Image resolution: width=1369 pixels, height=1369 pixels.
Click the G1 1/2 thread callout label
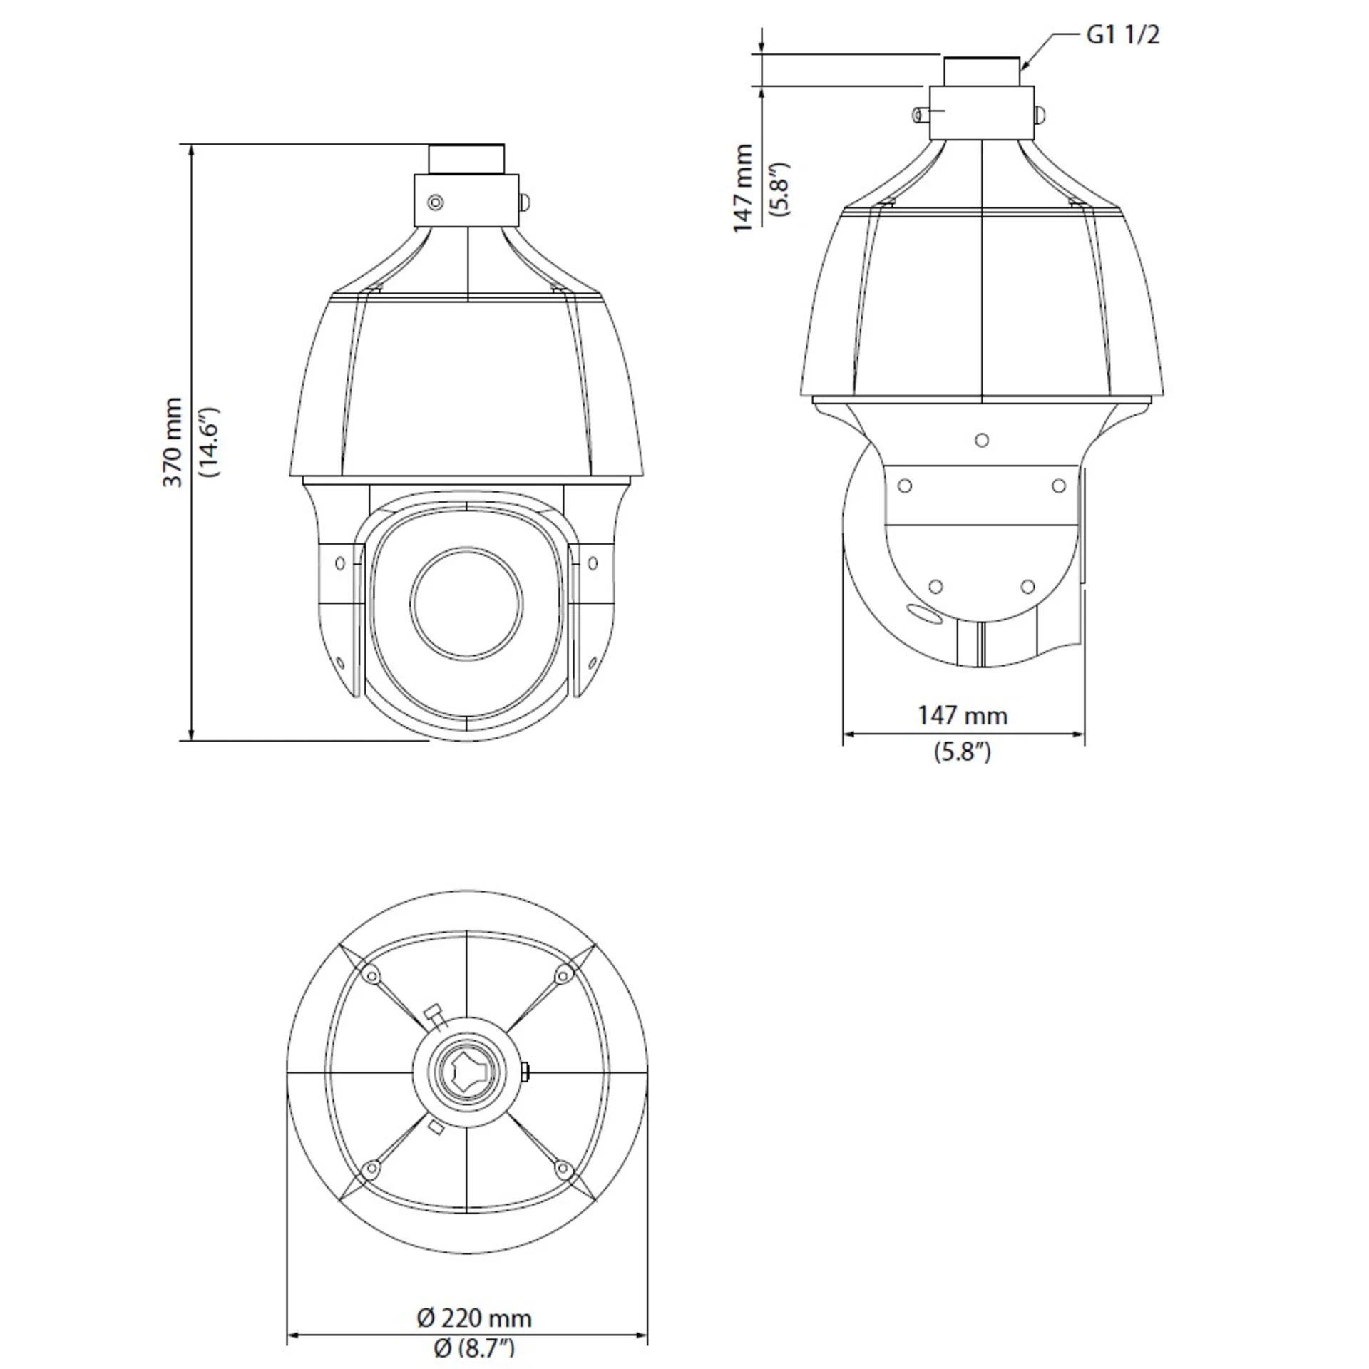(1122, 35)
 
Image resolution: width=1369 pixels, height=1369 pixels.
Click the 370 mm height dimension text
(173, 443)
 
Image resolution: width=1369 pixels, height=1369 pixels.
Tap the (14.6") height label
(212, 443)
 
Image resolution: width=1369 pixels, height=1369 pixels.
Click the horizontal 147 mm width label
(963, 716)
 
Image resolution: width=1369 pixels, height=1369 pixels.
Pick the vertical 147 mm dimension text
(743, 188)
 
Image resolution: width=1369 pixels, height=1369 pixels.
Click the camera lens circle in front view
(466, 603)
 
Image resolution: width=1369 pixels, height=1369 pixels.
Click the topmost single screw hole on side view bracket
(982, 441)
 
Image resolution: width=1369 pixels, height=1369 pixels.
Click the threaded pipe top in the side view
(982, 71)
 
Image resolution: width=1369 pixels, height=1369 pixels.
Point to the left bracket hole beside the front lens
(340, 563)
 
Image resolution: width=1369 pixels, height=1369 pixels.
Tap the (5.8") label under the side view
(963, 752)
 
